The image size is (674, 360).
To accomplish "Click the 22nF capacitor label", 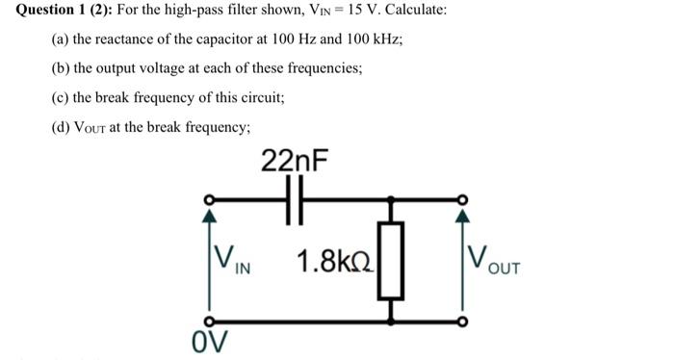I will click(x=294, y=161).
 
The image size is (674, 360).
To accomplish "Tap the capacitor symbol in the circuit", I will click(x=296, y=201).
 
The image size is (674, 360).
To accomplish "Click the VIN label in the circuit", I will click(x=232, y=259).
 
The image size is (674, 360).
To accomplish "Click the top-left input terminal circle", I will click(x=206, y=201).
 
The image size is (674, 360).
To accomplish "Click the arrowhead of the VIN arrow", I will click(x=206, y=216).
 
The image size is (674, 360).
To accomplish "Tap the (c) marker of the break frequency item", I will click(x=60, y=98).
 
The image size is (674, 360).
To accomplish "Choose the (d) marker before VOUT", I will click(x=60, y=127).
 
